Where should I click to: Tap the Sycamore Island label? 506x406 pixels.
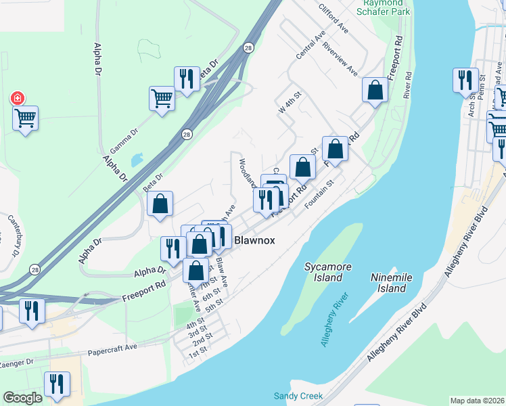click(328, 272)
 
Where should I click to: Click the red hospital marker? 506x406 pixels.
click(16, 99)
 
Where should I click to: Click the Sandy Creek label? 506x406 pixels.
click(298, 396)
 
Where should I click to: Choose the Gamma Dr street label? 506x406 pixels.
click(124, 139)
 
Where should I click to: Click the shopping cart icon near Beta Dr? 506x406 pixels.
click(162, 98)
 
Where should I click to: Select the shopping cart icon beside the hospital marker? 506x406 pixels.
click(26, 118)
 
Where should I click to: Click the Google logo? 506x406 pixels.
click(22, 398)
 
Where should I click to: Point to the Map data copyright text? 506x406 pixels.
click(477, 401)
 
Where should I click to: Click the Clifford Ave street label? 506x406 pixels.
click(333, 18)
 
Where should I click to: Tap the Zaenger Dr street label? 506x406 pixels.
click(16, 363)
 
